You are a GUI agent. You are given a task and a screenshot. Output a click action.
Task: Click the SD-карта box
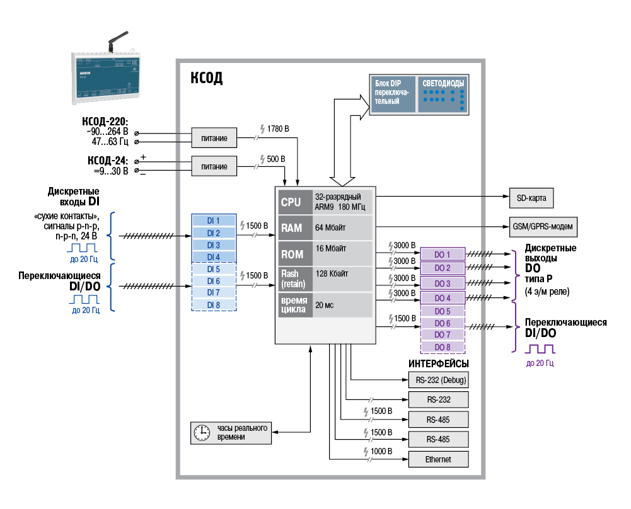pyautogui.click(x=531, y=198)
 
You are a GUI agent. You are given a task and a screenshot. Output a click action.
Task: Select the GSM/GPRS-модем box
pyautogui.click(x=543, y=226)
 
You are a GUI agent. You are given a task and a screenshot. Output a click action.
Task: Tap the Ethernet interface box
pyautogui.click(x=438, y=459)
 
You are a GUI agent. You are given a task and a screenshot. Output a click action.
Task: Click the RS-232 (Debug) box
pyautogui.click(x=438, y=380)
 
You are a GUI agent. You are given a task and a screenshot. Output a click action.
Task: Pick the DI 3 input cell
pyautogui.click(x=214, y=245)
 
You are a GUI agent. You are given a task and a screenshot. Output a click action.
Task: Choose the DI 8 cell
pyautogui.click(x=214, y=304)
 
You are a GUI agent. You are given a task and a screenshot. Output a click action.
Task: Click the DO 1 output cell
pyautogui.click(x=443, y=254)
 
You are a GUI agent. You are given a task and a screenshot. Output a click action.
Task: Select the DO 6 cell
pyautogui.click(x=443, y=323)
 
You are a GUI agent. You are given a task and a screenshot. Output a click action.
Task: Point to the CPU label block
pyautogui.click(x=291, y=202)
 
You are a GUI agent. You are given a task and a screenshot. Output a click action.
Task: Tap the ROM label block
pyautogui.click(x=291, y=254)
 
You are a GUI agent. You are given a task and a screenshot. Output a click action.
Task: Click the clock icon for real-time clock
pyautogui.click(x=202, y=433)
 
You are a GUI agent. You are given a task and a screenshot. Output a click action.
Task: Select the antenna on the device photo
pyautogui.click(x=117, y=42)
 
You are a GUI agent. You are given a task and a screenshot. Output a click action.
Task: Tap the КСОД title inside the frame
pyautogui.click(x=206, y=78)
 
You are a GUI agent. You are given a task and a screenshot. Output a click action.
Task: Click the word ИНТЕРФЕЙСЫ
pyautogui.click(x=438, y=364)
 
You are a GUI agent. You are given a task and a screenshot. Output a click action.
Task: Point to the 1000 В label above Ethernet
pyautogui.click(x=381, y=452)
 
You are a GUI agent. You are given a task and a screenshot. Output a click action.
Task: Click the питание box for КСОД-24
pyautogui.click(x=214, y=167)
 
